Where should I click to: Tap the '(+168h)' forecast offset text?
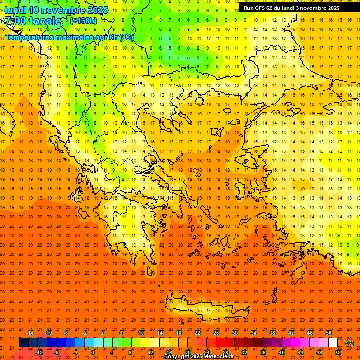point(83,21)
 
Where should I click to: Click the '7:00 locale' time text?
point(33,21)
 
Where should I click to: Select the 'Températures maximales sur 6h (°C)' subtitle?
point(68,37)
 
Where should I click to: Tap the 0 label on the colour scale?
point(93,352)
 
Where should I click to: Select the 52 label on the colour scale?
point(337,352)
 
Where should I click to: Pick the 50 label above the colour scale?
point(328,333)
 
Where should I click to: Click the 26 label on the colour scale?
point(216,333)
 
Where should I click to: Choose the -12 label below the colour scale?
point(39,352)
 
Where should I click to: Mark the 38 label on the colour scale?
point(272,333)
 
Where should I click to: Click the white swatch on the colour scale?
point(333,343)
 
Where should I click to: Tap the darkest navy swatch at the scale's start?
point(23,343)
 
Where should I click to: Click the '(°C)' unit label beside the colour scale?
point(349,343)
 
